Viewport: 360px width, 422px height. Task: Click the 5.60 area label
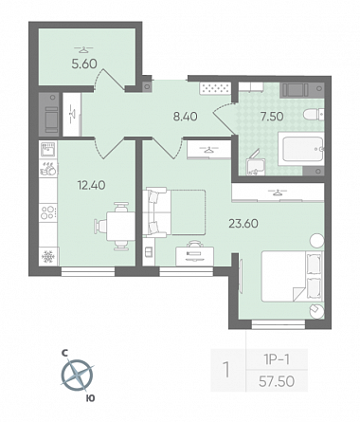(84, 64)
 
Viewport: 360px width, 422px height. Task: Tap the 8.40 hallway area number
(185, 117)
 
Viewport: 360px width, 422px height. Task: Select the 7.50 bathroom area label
(272, 117)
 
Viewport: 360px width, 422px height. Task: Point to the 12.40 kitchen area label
(91, 185)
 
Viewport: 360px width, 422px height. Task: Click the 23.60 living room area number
(243, 224)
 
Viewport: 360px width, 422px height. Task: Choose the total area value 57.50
(277, 381)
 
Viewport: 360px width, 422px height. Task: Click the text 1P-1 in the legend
(277, 359)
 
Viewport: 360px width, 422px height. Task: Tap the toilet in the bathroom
(314, 115)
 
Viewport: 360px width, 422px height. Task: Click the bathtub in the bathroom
(301, 149)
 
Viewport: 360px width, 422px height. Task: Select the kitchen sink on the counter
(48, 149)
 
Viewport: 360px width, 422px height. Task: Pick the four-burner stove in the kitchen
(48, 211)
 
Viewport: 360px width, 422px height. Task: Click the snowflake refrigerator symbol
(48, 256)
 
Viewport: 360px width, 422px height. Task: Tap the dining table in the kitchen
(120, 227)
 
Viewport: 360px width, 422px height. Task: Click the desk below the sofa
(194, 256)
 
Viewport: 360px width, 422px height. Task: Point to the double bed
(292, 276)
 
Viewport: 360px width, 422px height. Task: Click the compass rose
(77, 376)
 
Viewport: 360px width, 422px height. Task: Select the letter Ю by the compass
(90, 398)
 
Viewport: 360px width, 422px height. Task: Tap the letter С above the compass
(65, 354)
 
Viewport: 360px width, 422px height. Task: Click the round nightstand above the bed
(316, 241)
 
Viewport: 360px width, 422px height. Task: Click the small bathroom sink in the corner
(256, 166)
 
